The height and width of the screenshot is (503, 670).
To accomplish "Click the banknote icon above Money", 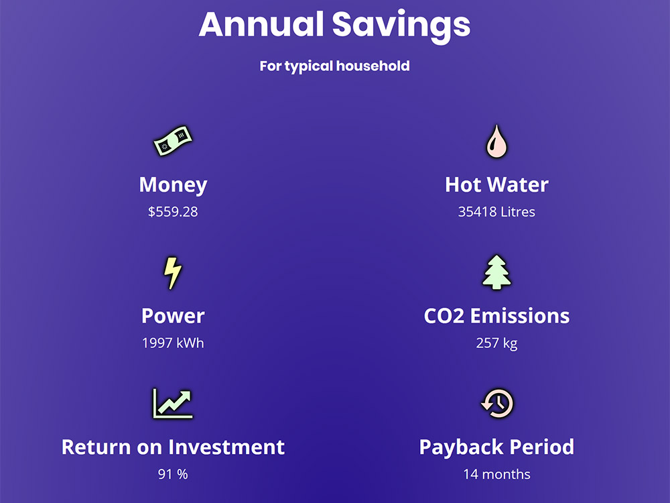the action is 173,141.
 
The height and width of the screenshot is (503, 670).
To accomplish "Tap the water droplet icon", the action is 496,142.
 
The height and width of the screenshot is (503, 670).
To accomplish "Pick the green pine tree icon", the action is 496,272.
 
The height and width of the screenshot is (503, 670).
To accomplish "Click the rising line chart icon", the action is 173,403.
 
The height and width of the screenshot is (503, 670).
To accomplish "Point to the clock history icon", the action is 497,403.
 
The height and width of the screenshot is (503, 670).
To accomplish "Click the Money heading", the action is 173,185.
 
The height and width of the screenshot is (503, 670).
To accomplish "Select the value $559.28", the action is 173,212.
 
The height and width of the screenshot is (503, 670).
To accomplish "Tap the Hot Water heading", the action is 496,185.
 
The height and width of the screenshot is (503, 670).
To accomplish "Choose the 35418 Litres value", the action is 496,212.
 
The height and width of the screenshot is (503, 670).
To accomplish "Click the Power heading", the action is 173,316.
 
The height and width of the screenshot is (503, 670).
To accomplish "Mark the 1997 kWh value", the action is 173,343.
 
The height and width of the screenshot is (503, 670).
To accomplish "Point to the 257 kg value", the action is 496,343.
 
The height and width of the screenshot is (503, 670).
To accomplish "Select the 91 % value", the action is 173,474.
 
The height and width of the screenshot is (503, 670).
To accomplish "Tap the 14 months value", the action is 496,474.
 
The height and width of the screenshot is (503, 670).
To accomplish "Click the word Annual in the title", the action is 261,24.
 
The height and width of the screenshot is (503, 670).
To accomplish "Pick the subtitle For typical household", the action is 334,66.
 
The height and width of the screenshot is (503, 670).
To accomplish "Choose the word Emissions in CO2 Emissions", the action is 520,316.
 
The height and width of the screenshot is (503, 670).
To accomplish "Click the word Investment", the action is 226,447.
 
